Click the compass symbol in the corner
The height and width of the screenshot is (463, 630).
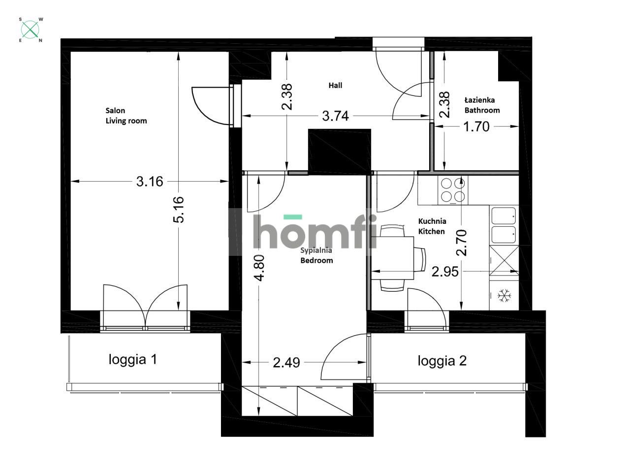pos(31,30)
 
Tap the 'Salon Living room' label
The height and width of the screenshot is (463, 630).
pos(126,116)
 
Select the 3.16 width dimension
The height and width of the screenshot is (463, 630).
pos(150,182)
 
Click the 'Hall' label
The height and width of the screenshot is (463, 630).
pos(335,86)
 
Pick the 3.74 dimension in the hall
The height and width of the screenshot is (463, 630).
pos(335,116)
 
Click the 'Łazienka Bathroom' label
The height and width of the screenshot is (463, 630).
pos(482,105)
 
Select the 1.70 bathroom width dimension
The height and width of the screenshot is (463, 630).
pos(477,127)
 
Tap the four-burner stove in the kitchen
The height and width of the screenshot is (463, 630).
pos(453,190)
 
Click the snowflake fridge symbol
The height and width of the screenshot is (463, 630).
pos(504,296)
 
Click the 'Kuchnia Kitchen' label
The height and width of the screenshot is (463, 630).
pos(432,226)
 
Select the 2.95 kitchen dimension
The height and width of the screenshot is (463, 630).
pos(445,272)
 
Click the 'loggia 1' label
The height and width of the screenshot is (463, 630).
pos(132,360)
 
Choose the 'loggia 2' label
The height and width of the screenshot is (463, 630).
pos(442,361)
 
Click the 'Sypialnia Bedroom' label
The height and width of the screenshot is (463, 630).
pos(316,255)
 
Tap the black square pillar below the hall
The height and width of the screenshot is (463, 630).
pos(339,150)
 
